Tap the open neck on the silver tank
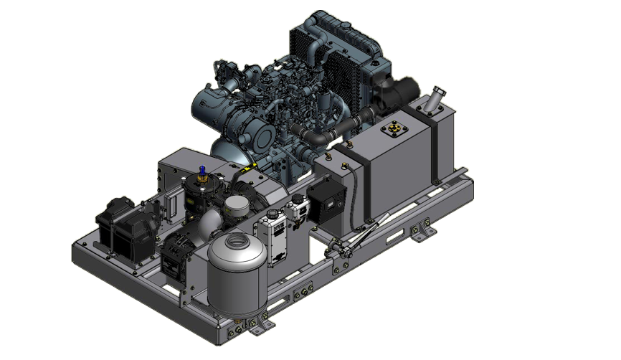point(237,235)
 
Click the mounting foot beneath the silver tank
point(250,326)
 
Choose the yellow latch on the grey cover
point(247,169)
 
